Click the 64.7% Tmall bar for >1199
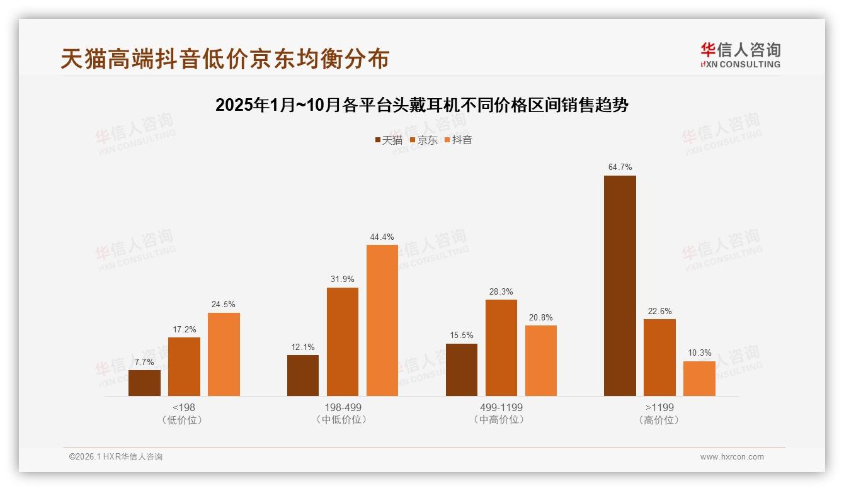620,286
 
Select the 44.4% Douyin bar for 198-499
382,320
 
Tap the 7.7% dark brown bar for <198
144,383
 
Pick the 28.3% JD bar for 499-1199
501,347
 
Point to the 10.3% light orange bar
699,378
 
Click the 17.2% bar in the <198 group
184,366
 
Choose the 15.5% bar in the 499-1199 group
462,370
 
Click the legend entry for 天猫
389,140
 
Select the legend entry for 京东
424,140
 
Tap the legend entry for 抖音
459,140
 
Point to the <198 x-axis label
183,407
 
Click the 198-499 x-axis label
342,407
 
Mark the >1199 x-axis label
659,407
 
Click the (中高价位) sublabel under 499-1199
501,420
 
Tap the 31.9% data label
342,279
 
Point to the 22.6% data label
659,311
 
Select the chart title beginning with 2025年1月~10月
421,105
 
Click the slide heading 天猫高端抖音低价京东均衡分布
225,59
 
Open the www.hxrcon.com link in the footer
732,457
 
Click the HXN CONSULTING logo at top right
740,55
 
